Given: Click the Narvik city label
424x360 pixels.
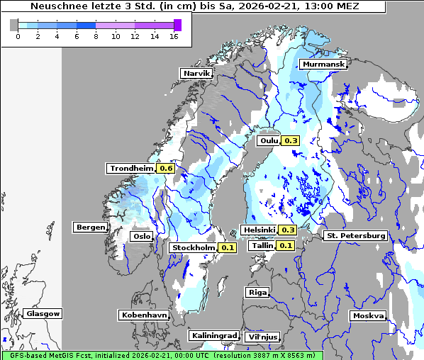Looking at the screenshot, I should tap(196, 73).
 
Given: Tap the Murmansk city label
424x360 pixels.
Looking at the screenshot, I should tap(323, 64).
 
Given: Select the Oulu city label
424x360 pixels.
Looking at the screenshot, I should tap(269, 140).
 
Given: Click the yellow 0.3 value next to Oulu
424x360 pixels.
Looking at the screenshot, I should tap(291, 140).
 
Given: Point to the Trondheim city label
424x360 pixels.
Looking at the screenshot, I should tap(131, 168).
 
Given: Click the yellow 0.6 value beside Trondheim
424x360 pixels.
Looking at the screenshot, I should tap(166, 168).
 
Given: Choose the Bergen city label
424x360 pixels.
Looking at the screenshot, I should tap(90, 227).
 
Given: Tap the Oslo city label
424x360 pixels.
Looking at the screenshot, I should tap(142, 236).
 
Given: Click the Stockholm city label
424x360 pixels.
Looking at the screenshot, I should tap(193, 247).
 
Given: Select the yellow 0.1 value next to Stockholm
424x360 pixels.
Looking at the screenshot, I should tap(227, 247).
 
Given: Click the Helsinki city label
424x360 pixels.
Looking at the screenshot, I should tap(259, 230).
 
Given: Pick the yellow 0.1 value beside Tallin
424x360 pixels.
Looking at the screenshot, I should tap(285, 245).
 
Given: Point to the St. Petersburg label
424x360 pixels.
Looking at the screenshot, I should tap(355, 235).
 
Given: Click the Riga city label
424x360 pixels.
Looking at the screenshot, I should tap(257, 292).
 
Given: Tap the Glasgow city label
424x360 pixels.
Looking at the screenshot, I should tap(43, 313).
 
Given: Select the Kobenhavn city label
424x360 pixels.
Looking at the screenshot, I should tap(144, 315).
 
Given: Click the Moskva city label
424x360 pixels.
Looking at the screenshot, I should tap(368, 315).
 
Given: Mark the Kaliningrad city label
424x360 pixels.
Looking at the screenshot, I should tap(213, 335).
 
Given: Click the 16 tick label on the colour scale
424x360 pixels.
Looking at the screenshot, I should tap(174, 37).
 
